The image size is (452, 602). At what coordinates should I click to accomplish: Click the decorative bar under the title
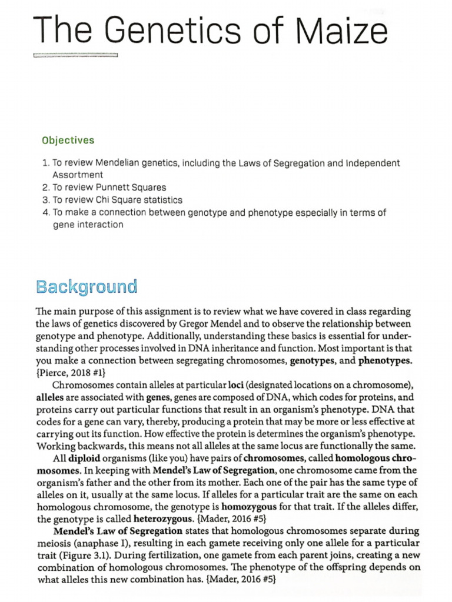point(76,56)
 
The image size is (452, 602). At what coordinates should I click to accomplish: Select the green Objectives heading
point(68,141)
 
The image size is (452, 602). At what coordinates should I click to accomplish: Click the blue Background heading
point(87,287)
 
